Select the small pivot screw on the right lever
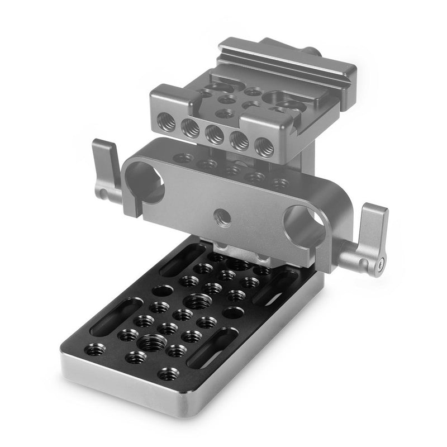[x=381, y=263]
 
